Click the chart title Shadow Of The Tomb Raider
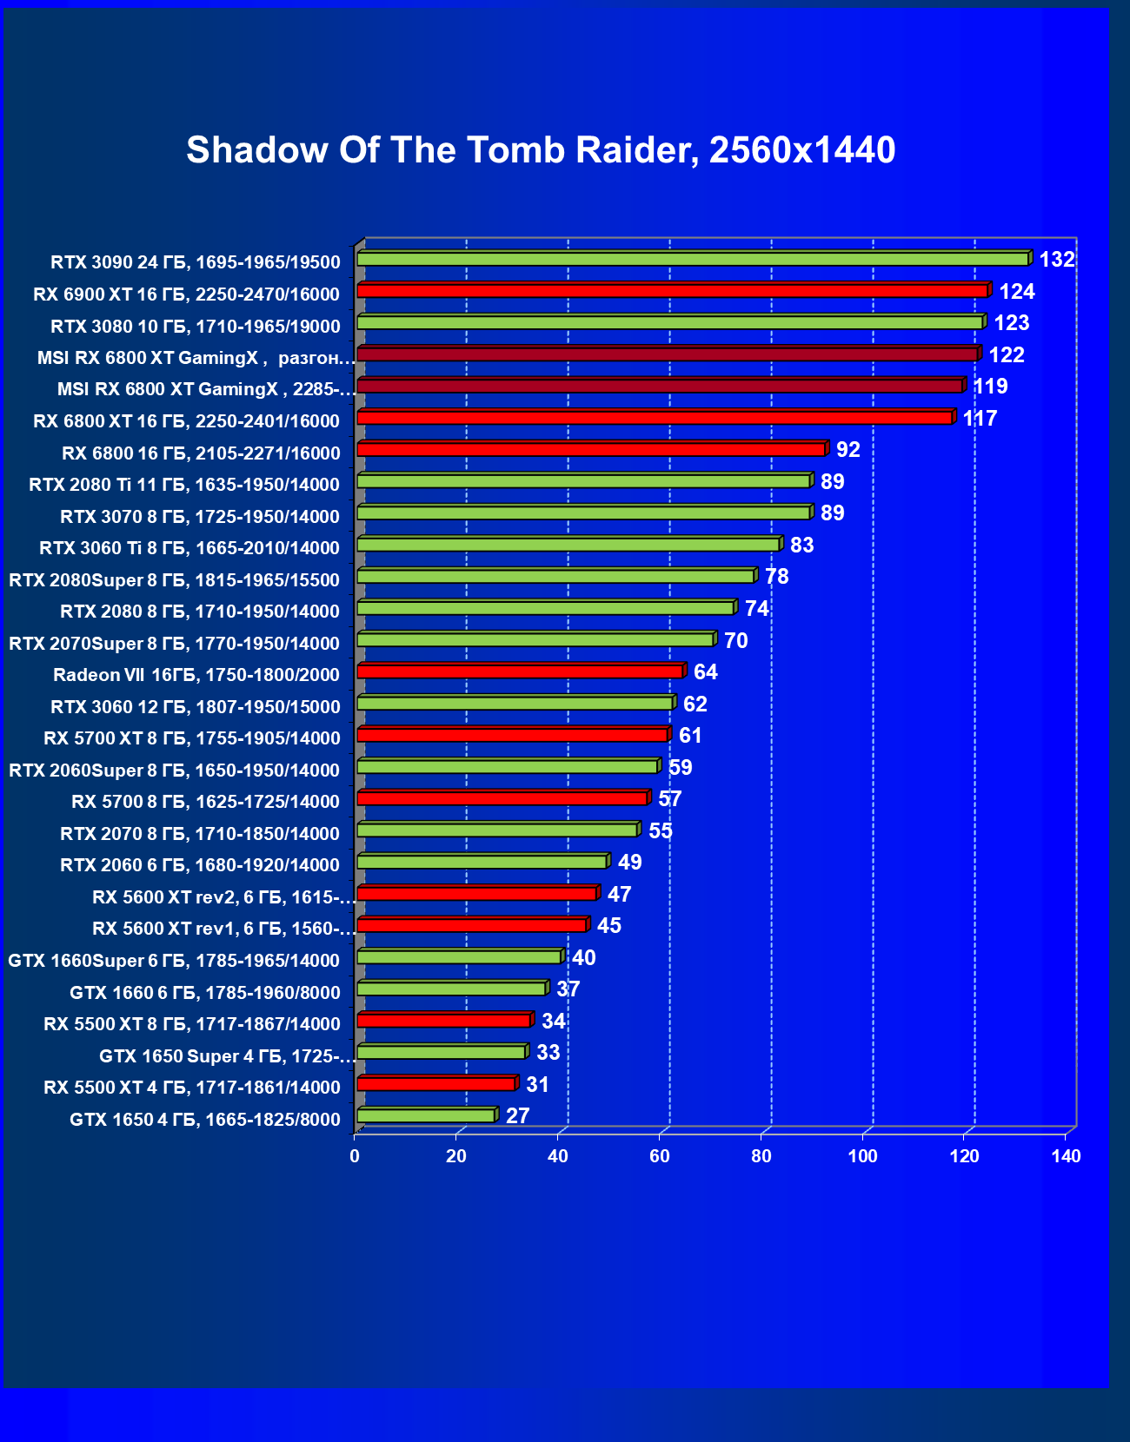541,150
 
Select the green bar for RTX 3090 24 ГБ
692,259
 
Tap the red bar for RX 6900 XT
672,290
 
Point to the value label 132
1057,260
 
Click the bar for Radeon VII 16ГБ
520,671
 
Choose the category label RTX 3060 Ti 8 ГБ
189,548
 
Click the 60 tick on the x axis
660,1156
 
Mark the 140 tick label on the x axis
1066,1156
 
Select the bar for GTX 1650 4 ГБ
426,1116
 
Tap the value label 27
517,1116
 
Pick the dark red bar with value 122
667,354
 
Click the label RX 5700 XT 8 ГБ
192,738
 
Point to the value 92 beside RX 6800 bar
847,450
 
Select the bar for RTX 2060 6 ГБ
482,862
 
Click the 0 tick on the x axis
355,1156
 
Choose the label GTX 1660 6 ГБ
205,993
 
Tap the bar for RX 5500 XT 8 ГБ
443,1021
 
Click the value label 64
705,672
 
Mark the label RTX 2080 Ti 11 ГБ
184,485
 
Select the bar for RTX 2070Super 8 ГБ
535,640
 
